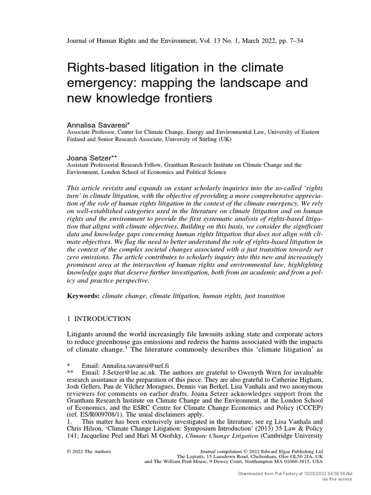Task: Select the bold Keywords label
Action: click(82, 295)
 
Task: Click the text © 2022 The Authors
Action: click(88, 451)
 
